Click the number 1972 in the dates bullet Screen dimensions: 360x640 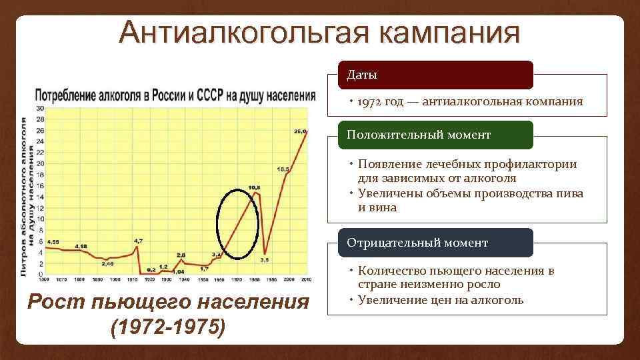click(371, 102)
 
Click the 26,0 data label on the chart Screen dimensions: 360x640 click(300, 132)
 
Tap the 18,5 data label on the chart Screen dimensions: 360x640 click(283, 169)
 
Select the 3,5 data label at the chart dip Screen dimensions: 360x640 click(265, 259)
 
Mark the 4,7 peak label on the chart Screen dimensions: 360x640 click(138, 240)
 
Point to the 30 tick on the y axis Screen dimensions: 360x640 click(39, 107)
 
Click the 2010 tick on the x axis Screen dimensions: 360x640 click(306, 279)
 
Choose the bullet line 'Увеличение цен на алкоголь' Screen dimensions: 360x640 click(441, 299)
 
